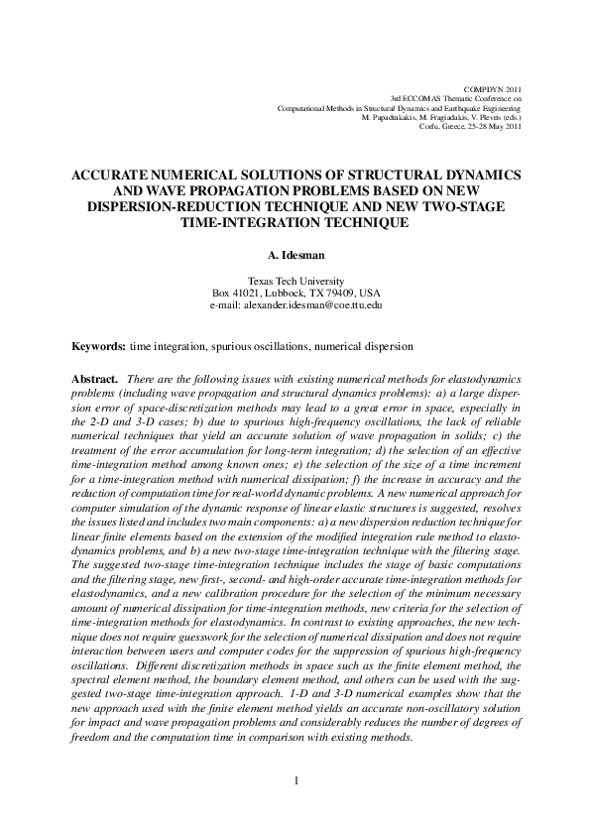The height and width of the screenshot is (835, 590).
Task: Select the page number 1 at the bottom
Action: pyautogui.click(x=296, y=779)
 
